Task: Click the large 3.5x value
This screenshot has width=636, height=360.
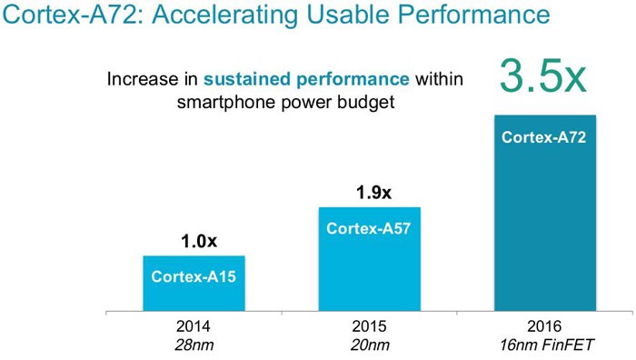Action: point(543,76)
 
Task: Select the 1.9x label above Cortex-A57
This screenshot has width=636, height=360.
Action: point(373,193)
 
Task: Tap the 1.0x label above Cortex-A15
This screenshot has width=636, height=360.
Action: point(199,241)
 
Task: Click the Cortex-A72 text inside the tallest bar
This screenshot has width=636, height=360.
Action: point(543,137)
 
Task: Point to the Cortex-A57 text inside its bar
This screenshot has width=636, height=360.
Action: point(368,228)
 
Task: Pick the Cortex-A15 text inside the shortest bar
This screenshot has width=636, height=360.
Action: point(194,276)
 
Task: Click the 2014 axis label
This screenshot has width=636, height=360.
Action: point(194,326)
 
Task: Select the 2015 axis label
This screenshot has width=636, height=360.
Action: point(369,326)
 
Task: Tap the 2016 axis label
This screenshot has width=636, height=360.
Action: point(544,326)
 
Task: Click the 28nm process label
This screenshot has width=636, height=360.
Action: point(194,345)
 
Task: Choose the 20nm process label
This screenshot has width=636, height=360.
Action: point(370,345)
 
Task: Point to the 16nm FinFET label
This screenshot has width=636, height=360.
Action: point(546,345)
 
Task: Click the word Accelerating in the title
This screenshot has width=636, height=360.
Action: point(225,15)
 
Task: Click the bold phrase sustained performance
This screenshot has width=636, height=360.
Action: point(306,79)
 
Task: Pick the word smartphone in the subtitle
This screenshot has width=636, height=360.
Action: point(226,102)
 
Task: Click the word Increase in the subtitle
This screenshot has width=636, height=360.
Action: point(142,79)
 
